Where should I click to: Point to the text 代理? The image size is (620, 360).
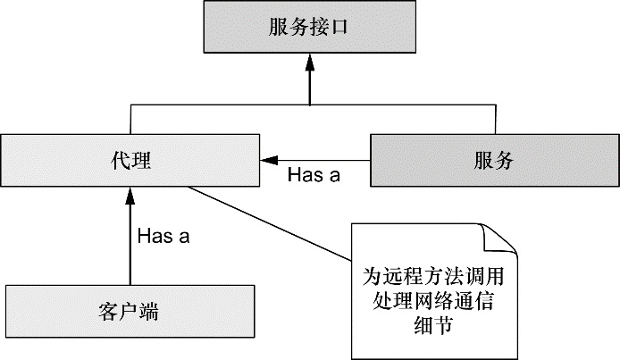(130, 162)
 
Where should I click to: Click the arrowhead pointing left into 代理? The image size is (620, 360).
(266, 162)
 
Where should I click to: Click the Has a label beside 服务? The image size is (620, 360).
(314, 175)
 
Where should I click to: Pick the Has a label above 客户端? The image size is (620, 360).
(163, 237)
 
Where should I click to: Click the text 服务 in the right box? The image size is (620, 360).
(494, 162)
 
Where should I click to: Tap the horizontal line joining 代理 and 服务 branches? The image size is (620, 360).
(309, 105)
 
